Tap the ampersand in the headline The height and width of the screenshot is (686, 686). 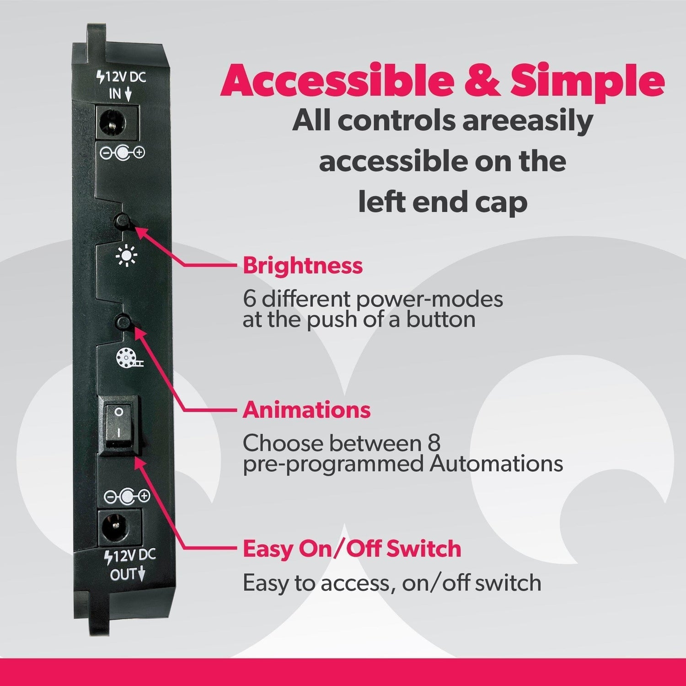coord(482,81)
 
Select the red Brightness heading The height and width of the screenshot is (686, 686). coord(302,266)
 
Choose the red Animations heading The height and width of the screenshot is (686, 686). coord(306,410)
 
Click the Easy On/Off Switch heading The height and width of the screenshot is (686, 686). coord(352,549)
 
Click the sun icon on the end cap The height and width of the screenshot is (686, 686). coord(126,256)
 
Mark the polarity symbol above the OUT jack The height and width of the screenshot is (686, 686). coord(127,496)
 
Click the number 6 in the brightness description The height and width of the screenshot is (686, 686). coord(250,300)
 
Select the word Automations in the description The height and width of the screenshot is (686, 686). coord(496,464)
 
